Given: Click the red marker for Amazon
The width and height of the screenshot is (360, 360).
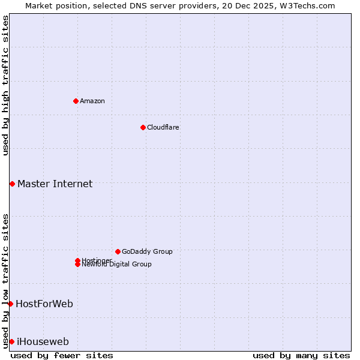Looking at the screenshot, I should click(x=76, y=101).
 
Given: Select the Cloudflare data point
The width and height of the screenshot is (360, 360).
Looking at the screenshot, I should click(x=143, y=127).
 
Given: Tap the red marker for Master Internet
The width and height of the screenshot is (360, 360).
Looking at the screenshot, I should click(x=12, y=184).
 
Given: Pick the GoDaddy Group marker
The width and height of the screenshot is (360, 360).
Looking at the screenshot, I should click(x=118, y=251).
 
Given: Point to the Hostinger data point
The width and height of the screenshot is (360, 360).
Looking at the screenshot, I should click(x=77, y=260).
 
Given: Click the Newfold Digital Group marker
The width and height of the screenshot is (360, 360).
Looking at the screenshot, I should click(x=77, y=265).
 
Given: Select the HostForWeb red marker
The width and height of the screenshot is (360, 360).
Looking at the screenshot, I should click(x=10, y=304).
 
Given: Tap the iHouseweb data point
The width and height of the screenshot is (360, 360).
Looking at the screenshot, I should click(x=11, y=341).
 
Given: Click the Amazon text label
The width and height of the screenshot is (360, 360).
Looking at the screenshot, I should click(x=92, y=101).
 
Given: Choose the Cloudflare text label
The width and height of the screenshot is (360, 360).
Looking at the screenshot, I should click(x=163, y=127).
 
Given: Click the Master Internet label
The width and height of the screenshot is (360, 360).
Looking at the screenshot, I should click(x=55, y=184).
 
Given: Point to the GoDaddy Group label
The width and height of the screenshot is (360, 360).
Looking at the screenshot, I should click(x=147, y=251).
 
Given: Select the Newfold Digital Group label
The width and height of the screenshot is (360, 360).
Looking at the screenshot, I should click(x=117, y=265).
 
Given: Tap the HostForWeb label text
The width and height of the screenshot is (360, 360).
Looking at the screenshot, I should click(x=44, y=304).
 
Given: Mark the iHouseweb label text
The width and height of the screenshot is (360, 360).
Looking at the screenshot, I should click(x=43, y=341).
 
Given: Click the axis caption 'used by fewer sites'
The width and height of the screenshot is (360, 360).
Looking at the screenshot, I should click(x=62, y=355).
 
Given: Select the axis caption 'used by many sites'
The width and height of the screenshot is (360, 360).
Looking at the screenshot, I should click(x=301, y=355).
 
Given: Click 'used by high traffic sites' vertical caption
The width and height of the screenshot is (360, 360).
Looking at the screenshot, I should click(x=5, y=85).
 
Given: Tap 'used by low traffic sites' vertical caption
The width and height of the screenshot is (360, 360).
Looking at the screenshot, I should click(x=5, y=280).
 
